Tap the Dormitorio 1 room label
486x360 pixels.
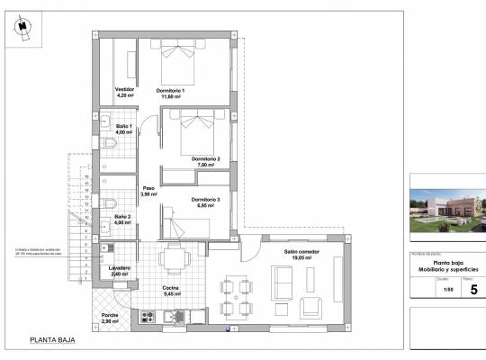click(x=170, y=93)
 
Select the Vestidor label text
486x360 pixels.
click(x=125, y=93)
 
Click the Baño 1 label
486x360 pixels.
click(x=124, y=129)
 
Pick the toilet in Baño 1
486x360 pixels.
click(x=107, y=144)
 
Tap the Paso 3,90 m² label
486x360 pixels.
click(x=148, y=192)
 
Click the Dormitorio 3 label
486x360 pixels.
click(x=205, y=202)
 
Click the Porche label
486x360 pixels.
click(x=110, y=319)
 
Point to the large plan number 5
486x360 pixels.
click(x=473, y=289)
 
